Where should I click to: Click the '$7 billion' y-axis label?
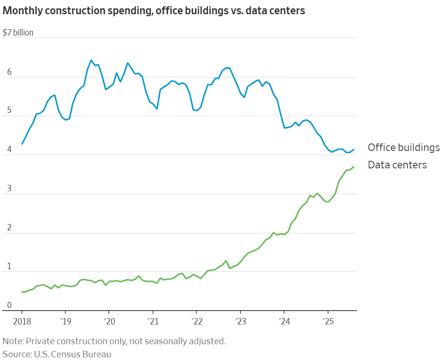click(x=18, y=32)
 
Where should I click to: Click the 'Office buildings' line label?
click(x=403, y=147)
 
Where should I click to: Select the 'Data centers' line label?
click(x=397, y=165)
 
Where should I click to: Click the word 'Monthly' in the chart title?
click(x=20, y=11)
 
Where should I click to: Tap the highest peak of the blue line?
click(x=91, y=60)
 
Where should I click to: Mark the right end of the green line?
click(x=354, y=167)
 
